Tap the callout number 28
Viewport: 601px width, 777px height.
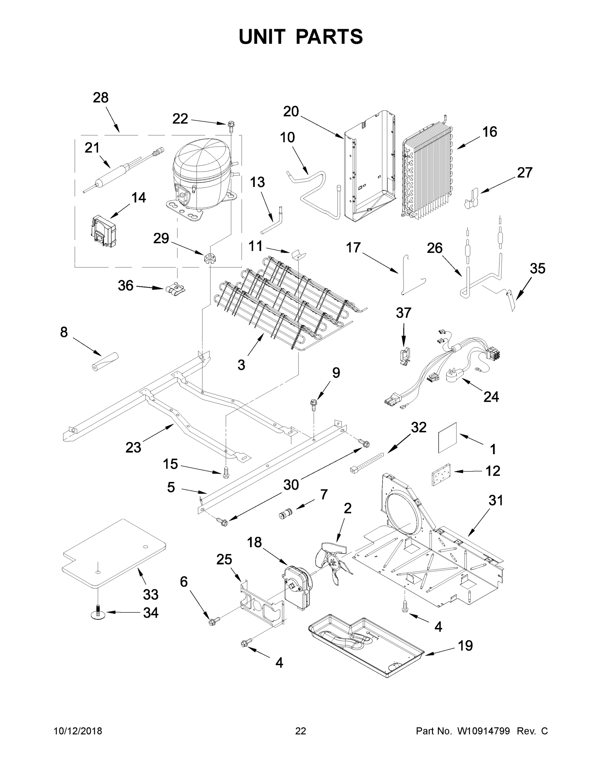pos(100,97)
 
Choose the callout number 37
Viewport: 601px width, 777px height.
pos(403,313)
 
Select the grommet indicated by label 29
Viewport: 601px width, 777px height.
pos(210,258)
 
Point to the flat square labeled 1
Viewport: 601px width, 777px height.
pos(447,438)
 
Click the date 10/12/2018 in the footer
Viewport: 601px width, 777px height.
pos(78,731)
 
